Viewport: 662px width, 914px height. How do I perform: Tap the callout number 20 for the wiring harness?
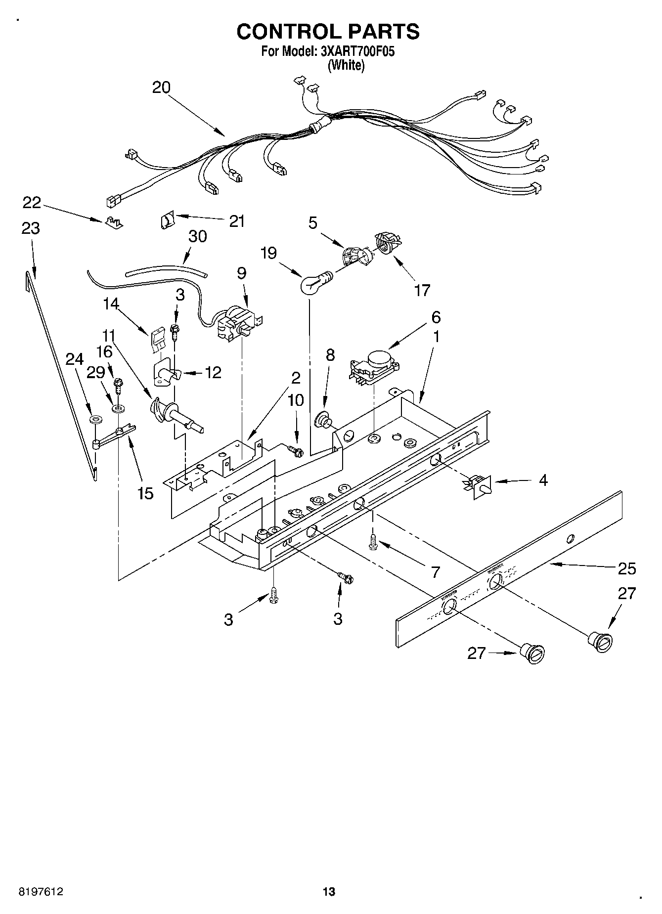coord(161,87)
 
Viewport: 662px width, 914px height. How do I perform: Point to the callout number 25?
coord(626,569)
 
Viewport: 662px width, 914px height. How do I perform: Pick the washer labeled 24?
coord(94,420)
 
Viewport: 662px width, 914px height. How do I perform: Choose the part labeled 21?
coord(167,218)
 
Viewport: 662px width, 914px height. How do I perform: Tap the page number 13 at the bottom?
coord(329,892)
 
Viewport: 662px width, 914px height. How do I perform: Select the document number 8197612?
coord(41,892)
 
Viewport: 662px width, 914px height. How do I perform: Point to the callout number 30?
coord(197,236)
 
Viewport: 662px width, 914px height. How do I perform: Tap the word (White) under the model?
coord(346,65)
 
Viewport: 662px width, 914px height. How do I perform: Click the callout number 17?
coord(422,290)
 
